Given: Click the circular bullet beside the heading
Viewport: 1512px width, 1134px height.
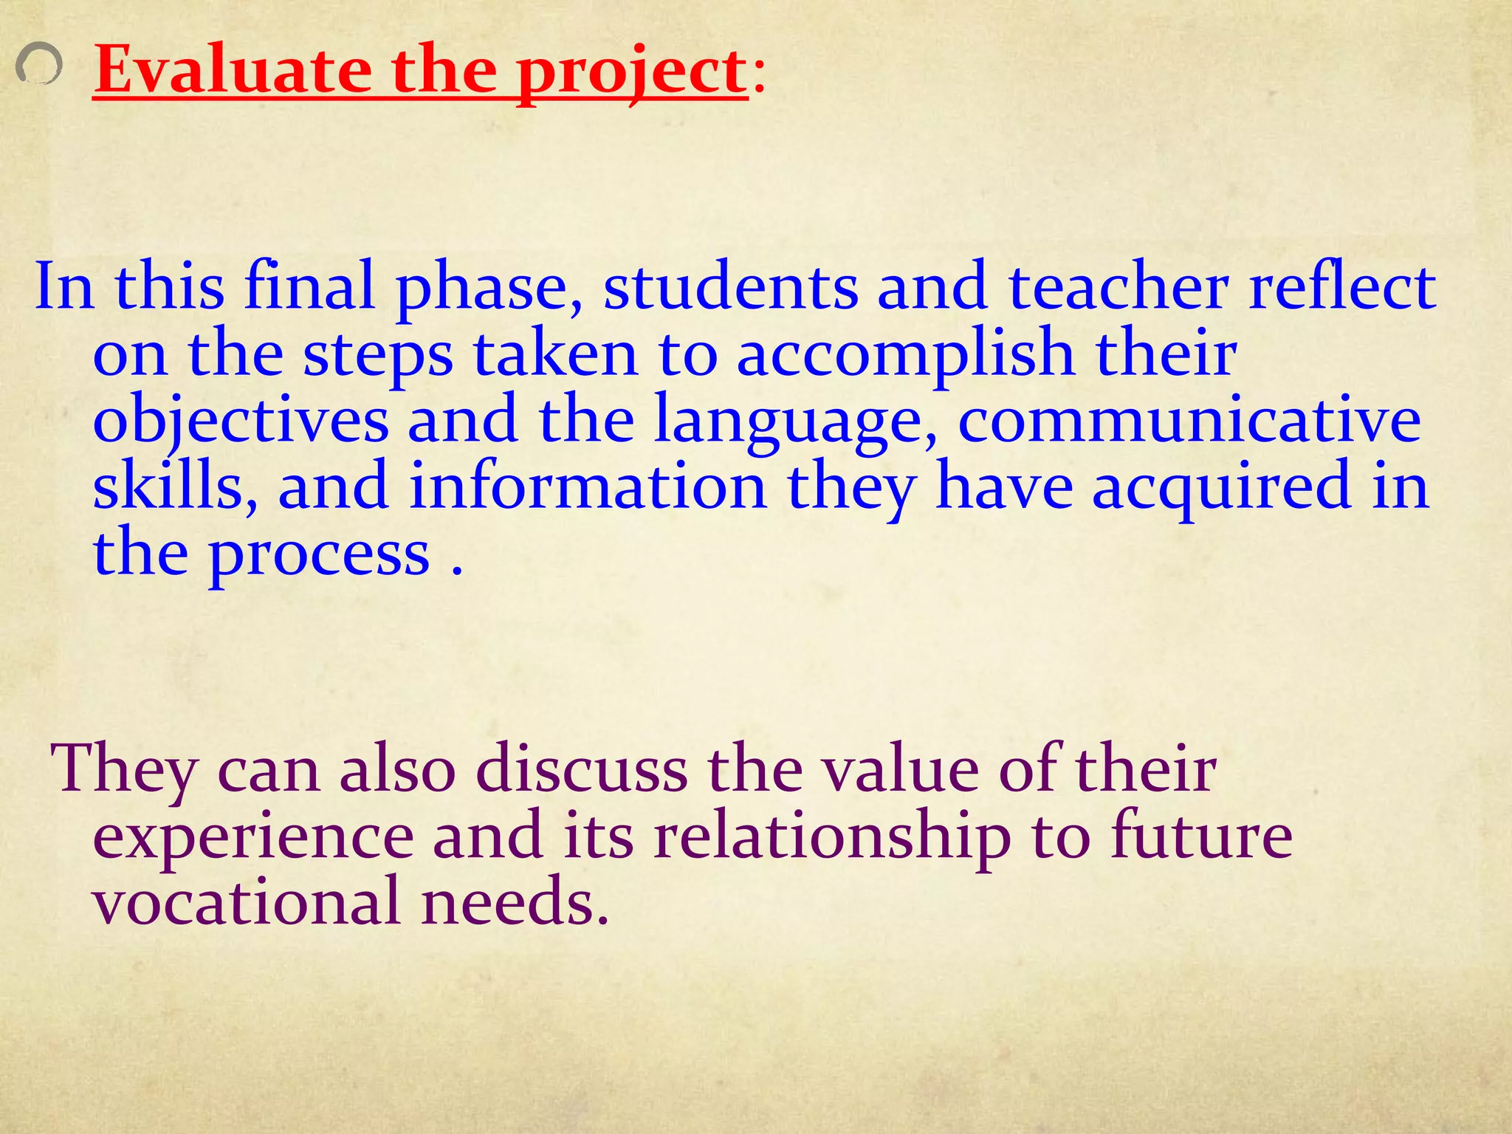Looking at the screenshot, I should [x=38, y=65].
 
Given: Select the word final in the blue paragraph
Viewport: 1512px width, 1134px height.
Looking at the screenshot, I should [x=310, y=286].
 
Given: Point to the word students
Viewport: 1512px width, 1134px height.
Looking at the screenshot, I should [x=730, y=286].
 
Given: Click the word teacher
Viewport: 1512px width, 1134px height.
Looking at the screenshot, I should [x=1118, y=286].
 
